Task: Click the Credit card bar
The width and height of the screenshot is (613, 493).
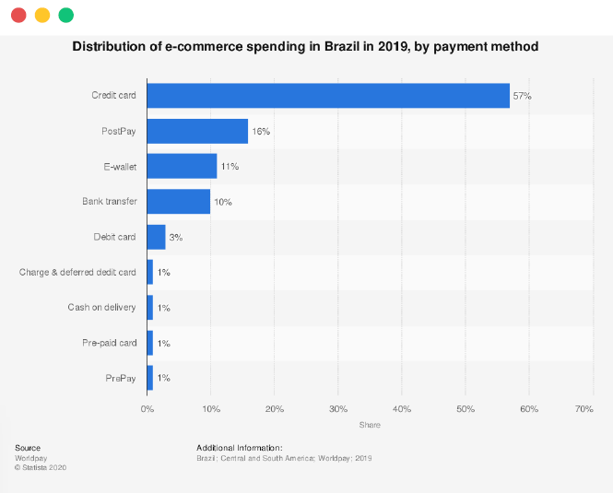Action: click(x=328, y=96)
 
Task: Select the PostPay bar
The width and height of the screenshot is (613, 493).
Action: click(x=197, y=131)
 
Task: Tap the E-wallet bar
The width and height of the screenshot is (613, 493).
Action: click(x=182, y=166)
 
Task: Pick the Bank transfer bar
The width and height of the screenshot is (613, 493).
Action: click(x=179, y=202)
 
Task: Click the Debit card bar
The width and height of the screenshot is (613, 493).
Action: click(x=156, y=237)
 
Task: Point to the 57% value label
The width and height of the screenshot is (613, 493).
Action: click(x=523, y=96)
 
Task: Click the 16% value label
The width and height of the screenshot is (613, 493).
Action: click(x=261, y=132)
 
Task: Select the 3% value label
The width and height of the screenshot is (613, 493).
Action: click(x=176, y=237)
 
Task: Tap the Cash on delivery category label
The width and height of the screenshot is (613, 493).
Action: click(x=101, y=308)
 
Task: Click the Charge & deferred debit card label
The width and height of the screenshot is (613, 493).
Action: click(x=77, y=272)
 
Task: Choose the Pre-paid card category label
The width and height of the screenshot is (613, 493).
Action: click(x=109, y=343)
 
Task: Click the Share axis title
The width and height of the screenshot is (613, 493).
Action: click(x=370, y=425)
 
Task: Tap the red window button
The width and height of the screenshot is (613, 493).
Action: click(x=18, y=15)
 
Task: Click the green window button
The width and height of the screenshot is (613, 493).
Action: click(x=65, y=15)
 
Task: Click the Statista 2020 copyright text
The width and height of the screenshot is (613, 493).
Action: click(x=41, y=467)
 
